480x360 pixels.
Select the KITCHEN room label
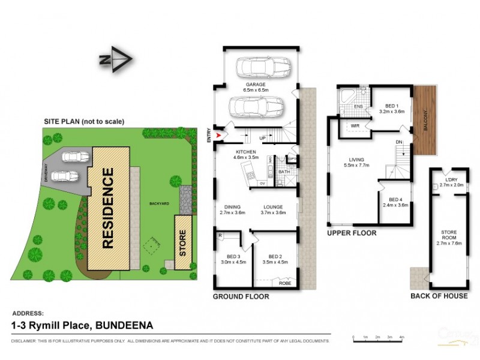coord(246,152)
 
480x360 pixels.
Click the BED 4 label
coord(395,200)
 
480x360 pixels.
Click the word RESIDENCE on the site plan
coord(109,208)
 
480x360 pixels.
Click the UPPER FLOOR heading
coord(352,233)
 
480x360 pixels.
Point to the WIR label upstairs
coord(355,125)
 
